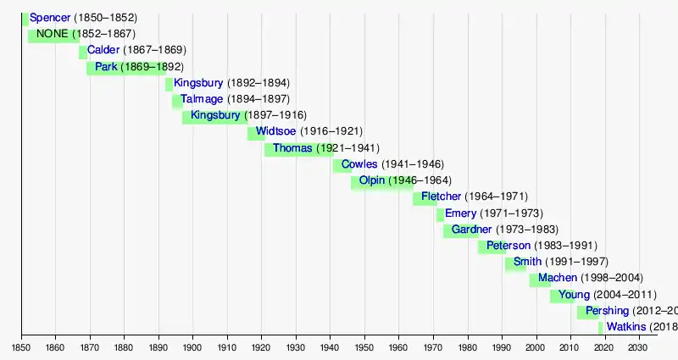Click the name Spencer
coord(50,17)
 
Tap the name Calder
coord(103,50)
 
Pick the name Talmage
coord(200,99)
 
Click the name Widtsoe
coord(275,131)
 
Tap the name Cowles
coord(359,163)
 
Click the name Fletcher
coord(441,197)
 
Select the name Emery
coord(460,213)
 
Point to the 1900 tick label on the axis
coord(192,347)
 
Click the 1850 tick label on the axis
coord(21,347)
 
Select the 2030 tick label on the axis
coord(638,347)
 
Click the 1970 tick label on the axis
coord(432,347)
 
